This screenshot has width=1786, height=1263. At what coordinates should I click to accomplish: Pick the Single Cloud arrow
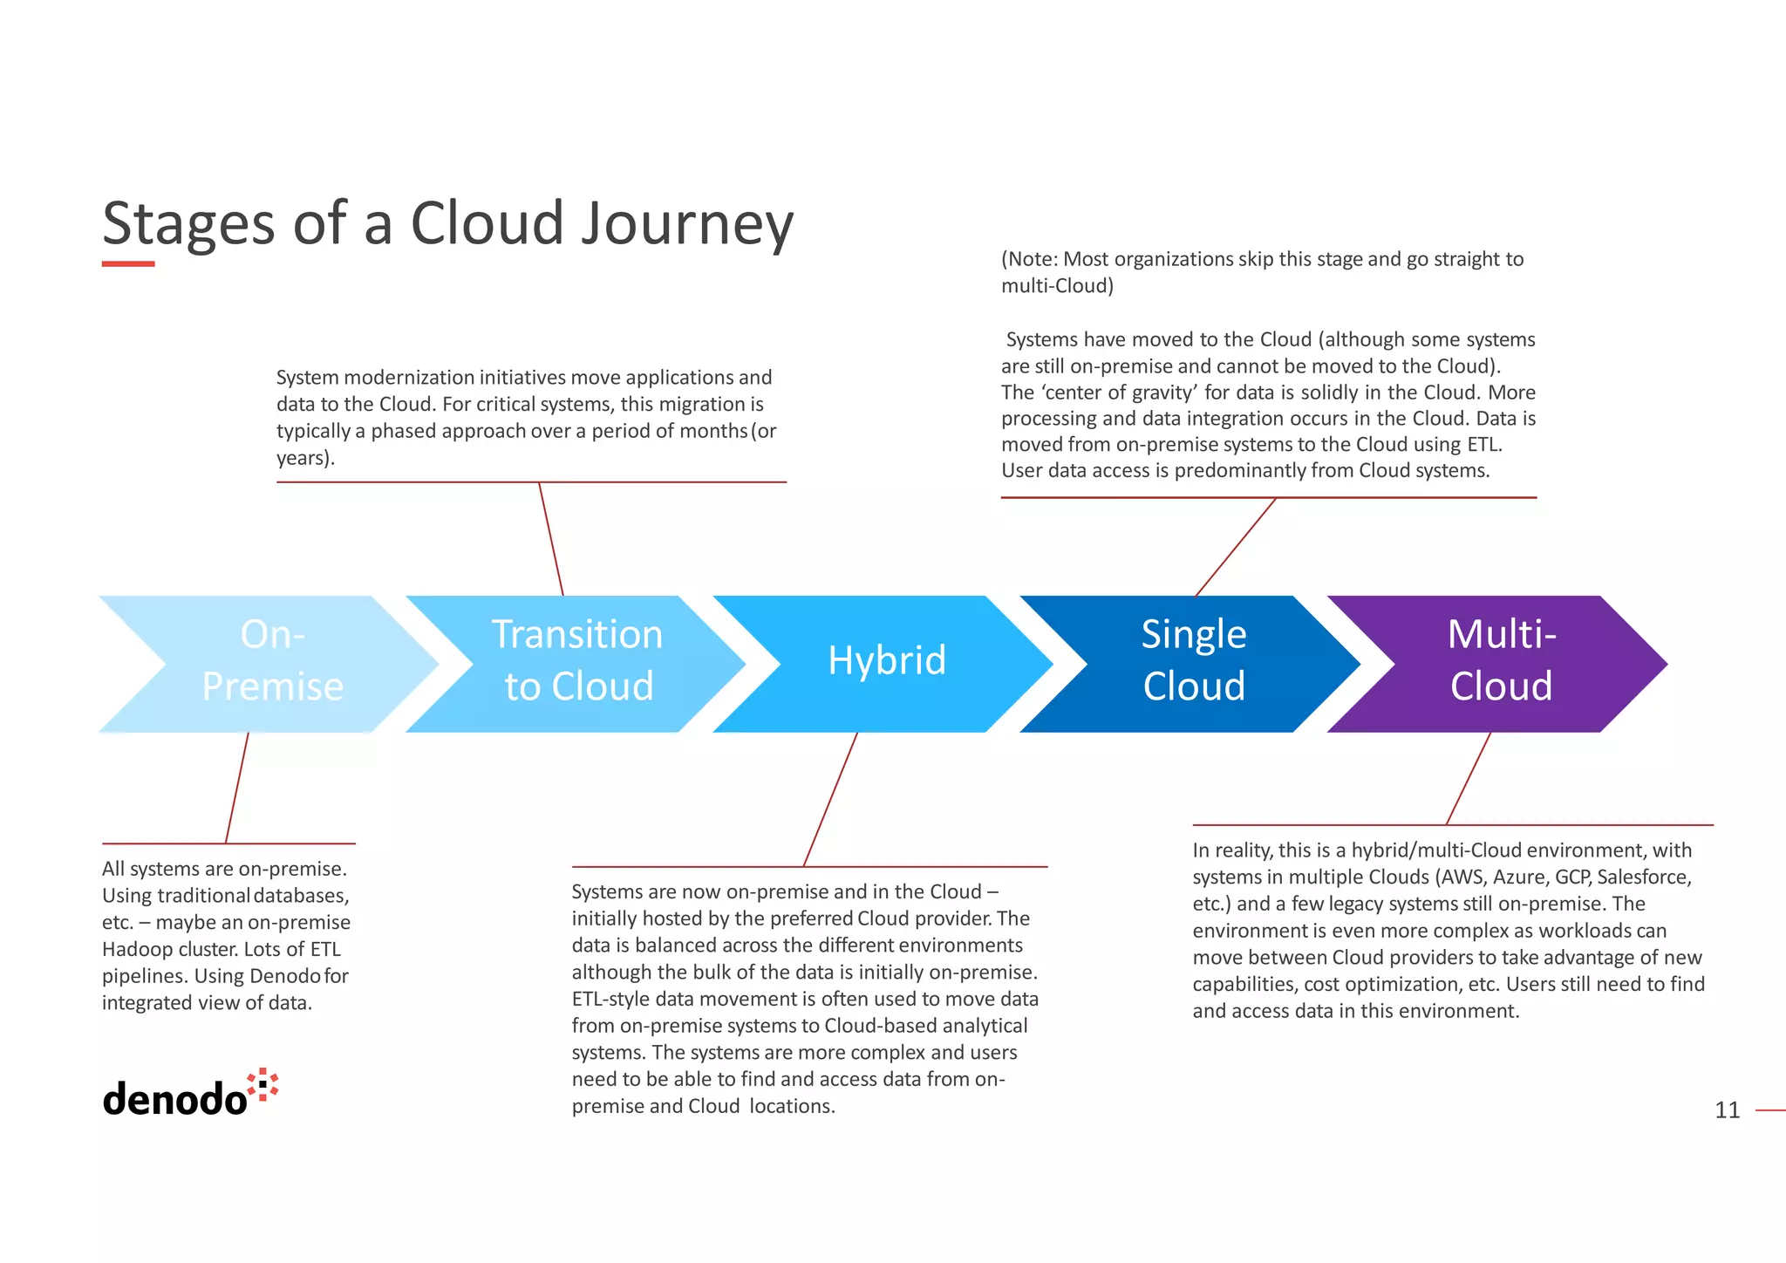coord(1193,663)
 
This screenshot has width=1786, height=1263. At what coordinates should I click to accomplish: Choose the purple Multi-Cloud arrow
coord(1500,663)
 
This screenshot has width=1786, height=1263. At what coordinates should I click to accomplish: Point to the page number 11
coord(1727,1110)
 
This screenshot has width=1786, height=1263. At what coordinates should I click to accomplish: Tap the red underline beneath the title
coord(128,263)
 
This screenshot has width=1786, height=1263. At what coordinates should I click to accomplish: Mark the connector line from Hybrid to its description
coord(829,800)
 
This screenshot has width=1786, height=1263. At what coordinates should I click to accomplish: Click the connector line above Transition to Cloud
coord(551,539)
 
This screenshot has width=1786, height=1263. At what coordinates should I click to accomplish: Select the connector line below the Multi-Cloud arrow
coord(1468,779)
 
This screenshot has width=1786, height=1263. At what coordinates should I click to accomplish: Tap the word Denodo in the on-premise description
coord(285,976)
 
